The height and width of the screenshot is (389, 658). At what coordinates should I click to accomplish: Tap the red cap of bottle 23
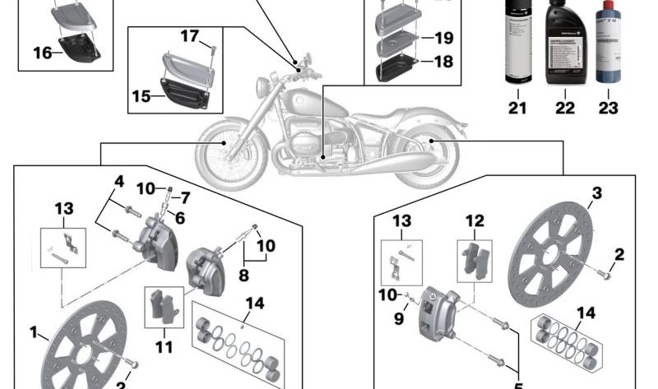tap(609, 7)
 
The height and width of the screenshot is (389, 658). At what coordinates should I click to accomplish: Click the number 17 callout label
tap(190, 36)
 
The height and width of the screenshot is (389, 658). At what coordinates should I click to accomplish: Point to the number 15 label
tap(141, 96)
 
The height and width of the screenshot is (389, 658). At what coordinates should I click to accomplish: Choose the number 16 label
tap(43, 53)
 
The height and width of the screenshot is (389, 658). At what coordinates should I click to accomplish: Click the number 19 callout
tap(443, 38)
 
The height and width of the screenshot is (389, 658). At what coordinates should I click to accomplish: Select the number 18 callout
tap(443, 62)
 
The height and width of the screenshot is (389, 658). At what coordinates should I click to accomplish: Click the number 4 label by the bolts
tap(118, 182)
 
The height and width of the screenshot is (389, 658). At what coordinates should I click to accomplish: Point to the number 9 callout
tap(398, 318)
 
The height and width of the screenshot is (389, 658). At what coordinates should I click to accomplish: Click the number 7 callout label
tap(185, 198)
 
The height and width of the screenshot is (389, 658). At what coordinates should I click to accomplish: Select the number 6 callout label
tap(179, 218)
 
